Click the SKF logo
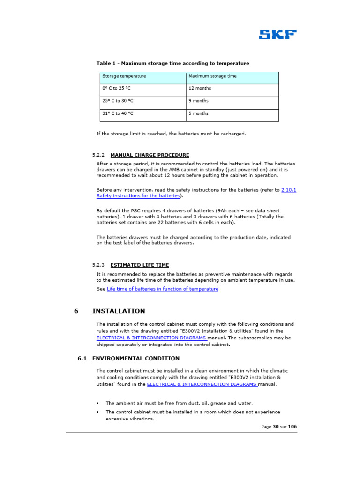(x=277, y=35)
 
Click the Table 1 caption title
(x=172, y=63)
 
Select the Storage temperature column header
(x=124, y=76)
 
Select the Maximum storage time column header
(x=212, y=76)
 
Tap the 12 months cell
(x=200, y=88)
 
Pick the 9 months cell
(x=198, y=101)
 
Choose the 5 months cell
(x=198, y=113)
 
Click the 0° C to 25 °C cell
(x=117, y=88)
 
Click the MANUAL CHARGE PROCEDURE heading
(x=150, y=155)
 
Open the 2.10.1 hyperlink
(x=288, y=190)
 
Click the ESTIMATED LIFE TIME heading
(x=140, y=265)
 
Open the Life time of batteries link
(x=163, y=289)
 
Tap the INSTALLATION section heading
(x=119, y=311)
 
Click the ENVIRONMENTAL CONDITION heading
(x=135, y=359)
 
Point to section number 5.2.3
(x=98, y=265)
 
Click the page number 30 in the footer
(x=276, y=427)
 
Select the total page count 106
(x=292, y=427)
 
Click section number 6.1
(x=82, y=359)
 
